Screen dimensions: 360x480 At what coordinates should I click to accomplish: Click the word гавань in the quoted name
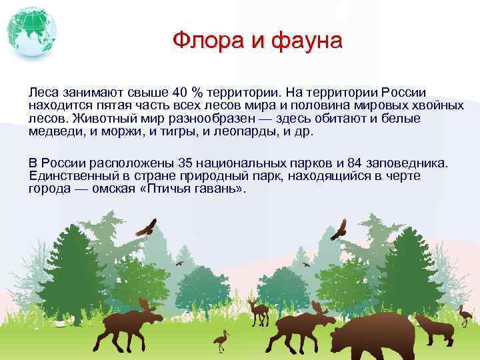pos(216,189)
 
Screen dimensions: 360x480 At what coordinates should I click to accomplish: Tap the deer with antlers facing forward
pos(257,310)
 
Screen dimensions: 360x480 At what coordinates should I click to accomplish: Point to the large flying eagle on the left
pos(146,227)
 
